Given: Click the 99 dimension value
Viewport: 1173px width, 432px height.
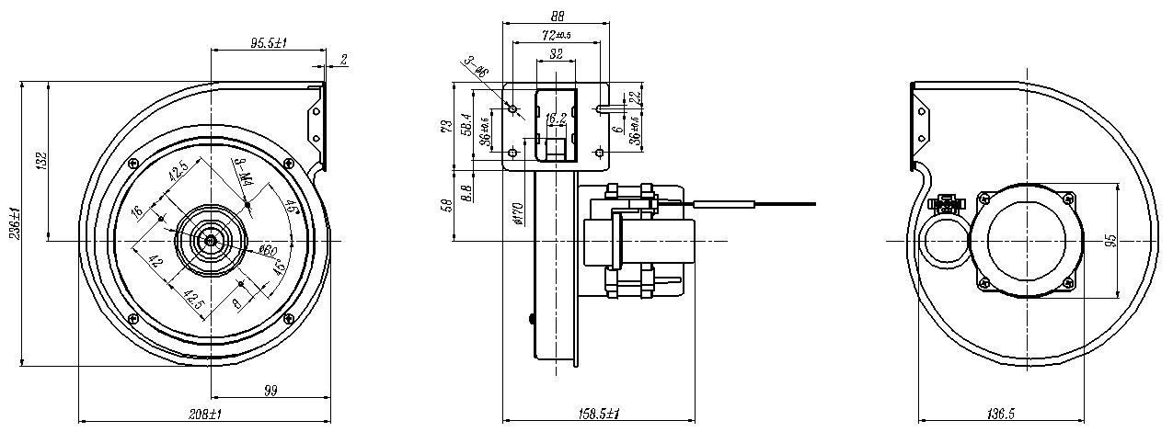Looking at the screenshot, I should [270, 392].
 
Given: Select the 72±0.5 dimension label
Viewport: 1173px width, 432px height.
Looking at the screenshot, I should [556, 34].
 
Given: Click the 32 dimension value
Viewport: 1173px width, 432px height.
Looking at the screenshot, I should [556, 55].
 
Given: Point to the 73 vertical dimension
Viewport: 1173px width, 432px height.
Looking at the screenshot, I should [445, 126].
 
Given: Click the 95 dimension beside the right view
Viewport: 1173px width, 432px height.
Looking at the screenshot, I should [1111, 241].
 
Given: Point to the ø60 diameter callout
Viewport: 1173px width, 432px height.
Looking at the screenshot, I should [269, 250].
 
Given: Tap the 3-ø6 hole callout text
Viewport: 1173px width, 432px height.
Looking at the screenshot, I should [477, 66].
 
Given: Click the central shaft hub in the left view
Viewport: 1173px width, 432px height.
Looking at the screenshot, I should [212, 240].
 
